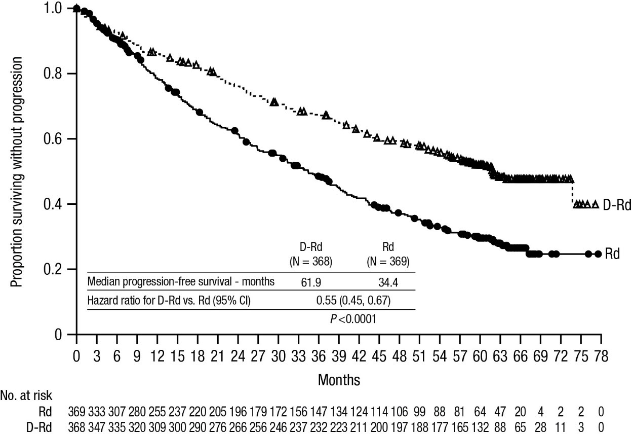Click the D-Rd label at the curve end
pyautogui.click(x=617, y=205)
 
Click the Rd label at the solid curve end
pyautogui.click(x=612, y=254)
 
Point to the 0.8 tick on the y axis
pyautogui.click(x=72, y=74)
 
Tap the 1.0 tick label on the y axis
pyautogui.click(x=53, y=9)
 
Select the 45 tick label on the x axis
pyautogui.click(x=379, y=356)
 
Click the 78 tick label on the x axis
pyautogui.click(x=601, y=356)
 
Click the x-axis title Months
pyautogui.click(x=339, y=380)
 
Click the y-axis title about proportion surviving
pyautogui.click(x=16, y=172)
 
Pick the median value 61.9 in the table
pyautogui.click(x=311, y=282)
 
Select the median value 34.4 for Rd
pyautogui.click(x=388, y=282)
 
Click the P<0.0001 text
pyautogui.click(x=353, y=319)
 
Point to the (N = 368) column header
pyautogui.click(x=311, y=262)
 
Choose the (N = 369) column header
pyautogui.click(x=388, y=262)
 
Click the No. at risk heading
pyautogui.click(x=26, y=395)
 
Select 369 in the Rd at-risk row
pyautogui.click(x=76, y=412)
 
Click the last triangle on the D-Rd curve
pyautogui.click(x=596, y=204)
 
